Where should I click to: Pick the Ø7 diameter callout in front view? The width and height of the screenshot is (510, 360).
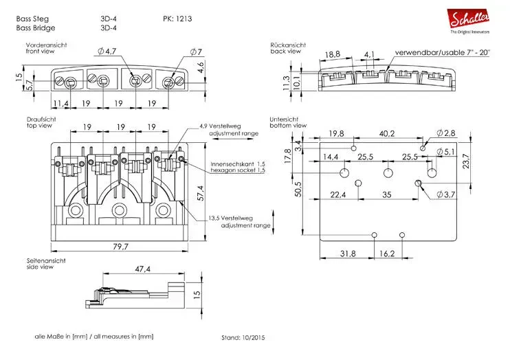(195, 52)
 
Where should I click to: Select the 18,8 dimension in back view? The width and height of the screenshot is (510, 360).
(333, 54)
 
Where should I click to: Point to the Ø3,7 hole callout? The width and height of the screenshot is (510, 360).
(446, 196)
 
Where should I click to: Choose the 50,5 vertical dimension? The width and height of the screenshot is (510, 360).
(298, 188)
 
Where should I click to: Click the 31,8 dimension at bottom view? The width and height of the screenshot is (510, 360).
(348, 254)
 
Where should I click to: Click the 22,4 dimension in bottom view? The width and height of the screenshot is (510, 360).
(337, 195)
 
